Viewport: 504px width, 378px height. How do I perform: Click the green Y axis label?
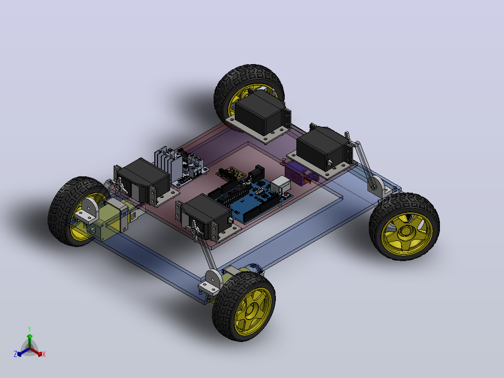point(29,329)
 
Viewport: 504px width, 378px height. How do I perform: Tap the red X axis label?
point(44,354)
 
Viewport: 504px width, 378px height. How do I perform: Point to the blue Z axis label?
point(15,354)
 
